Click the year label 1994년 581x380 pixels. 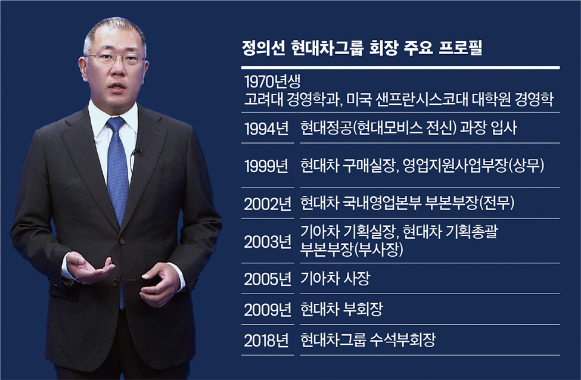(x=266, y=129)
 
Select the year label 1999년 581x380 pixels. (x=266, y=166)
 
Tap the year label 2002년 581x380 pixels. (x=268, y=203)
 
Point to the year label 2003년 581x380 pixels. (x=268, y=241)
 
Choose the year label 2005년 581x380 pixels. (x=268, y=279)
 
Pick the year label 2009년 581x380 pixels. (x=268, y=310)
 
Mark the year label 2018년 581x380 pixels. (x=266, y=340)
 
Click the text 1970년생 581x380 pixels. (x=272, y=81)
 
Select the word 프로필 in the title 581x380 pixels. (x=460, y=48)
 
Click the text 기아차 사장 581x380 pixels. (x=335, y=279)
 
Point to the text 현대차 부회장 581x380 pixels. (x=341, y=309)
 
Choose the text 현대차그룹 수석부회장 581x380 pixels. (x=368, y=340)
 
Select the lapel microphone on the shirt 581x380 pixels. (x=138, y=151)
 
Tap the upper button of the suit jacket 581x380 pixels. (x=122, y=241)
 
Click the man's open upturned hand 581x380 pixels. (x=88, y=269)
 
